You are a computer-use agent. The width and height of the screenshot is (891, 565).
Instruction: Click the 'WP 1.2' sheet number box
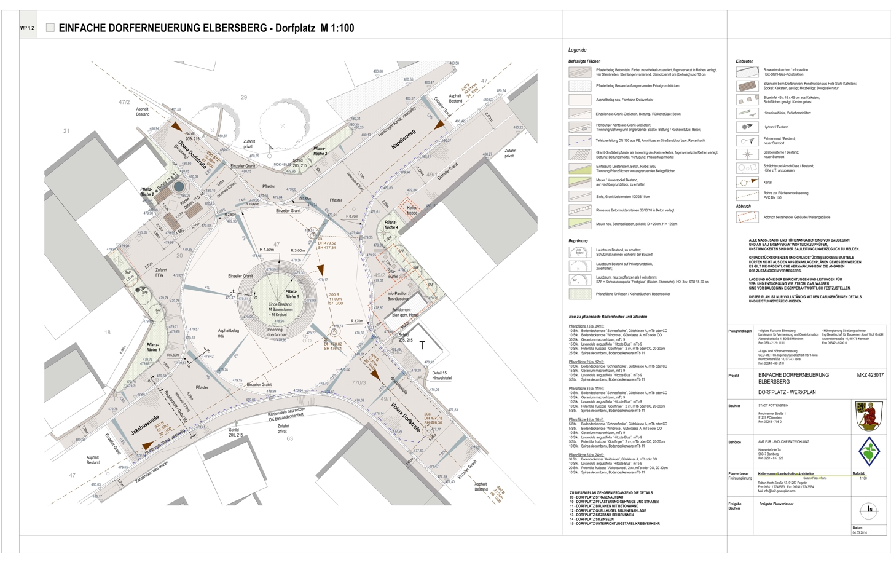27,28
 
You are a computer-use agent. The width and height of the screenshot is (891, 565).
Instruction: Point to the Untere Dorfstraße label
405,419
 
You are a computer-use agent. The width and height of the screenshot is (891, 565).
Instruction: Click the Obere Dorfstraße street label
193,154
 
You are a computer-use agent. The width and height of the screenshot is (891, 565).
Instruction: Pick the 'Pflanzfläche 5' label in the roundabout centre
292,294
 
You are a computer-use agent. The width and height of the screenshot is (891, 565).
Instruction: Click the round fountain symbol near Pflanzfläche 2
178,186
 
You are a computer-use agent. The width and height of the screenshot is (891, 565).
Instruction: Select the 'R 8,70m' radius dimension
351,216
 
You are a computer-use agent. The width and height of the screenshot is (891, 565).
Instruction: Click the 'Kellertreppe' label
412,210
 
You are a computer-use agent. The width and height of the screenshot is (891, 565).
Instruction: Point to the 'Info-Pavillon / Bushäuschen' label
398,296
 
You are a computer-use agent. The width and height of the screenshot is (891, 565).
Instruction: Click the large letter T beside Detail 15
422,346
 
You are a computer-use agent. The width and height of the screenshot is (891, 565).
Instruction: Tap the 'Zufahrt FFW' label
161,272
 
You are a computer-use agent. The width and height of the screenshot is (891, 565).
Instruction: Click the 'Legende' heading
577,50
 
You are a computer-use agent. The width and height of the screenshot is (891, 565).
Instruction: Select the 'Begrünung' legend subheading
578,241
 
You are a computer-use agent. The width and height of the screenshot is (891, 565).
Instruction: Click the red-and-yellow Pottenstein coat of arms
869,416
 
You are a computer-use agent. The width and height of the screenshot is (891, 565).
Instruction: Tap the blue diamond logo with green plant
869,452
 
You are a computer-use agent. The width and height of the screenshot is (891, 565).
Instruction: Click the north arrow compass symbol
869,509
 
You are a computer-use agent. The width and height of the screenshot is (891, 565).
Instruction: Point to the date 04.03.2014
859,533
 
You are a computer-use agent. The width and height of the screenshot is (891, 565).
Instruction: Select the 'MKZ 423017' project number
870,375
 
